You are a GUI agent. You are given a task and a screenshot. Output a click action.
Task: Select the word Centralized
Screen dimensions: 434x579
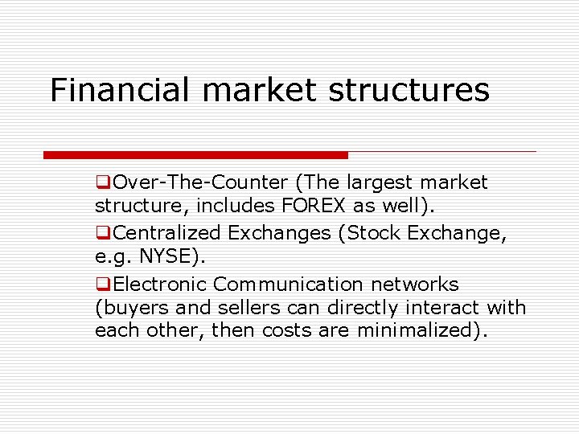167,233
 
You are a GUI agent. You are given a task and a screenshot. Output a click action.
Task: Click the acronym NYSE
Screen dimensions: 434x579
170,256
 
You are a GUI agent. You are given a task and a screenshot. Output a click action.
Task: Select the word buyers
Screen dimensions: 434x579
132,308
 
